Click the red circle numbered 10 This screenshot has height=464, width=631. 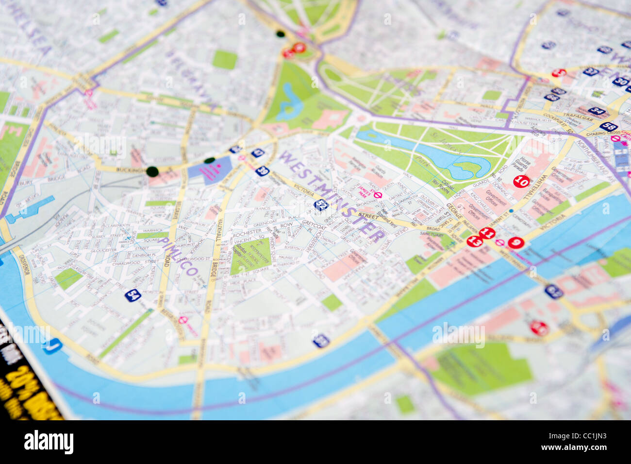point(521,182)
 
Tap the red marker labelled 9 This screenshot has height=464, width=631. point(515,243)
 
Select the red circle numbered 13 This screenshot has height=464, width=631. point(475,241)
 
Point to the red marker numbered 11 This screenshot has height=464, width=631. point(487,234)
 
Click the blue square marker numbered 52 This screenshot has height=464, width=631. point(321,205)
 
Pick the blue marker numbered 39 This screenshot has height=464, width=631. point(262,171)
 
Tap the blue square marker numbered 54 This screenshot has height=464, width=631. point(133,295)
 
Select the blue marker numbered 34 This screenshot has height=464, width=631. point(597,111)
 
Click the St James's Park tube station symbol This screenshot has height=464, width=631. point(379,195)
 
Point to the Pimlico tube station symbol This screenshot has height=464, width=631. point(183,320)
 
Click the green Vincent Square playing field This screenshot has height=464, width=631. point(249,256)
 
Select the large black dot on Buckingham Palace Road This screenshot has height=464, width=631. point(152,171)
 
